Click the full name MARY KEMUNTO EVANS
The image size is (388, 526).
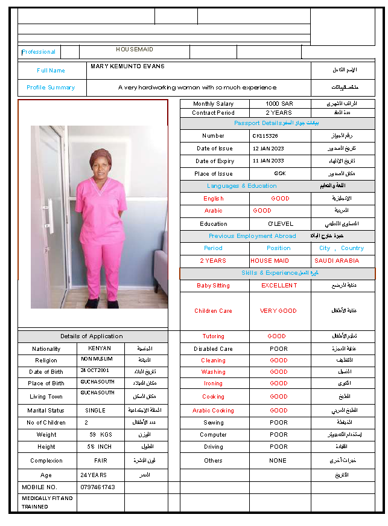pos(127,66)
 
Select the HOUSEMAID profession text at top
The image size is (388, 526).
pos(135,50)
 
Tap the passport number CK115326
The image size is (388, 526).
pos(265,136)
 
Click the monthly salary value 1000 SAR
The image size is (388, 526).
pos(279,104)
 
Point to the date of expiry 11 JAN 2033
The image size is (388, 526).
pos(268,161)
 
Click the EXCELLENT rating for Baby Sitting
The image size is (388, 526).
pos(279,286)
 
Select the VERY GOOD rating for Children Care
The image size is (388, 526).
pos(278,311)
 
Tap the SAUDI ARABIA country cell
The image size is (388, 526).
pos(337,261)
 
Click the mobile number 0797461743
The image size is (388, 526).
pos(98,487)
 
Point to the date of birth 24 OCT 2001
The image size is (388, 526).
pos(95,371)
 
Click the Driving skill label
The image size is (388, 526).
pos(213,447)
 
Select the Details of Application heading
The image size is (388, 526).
pos(91,336)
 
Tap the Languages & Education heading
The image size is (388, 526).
pos(241,186)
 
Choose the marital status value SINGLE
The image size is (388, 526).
pos(95,411)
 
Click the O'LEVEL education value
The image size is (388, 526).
pos(280,224)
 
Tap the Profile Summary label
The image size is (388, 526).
pos(51,88)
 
